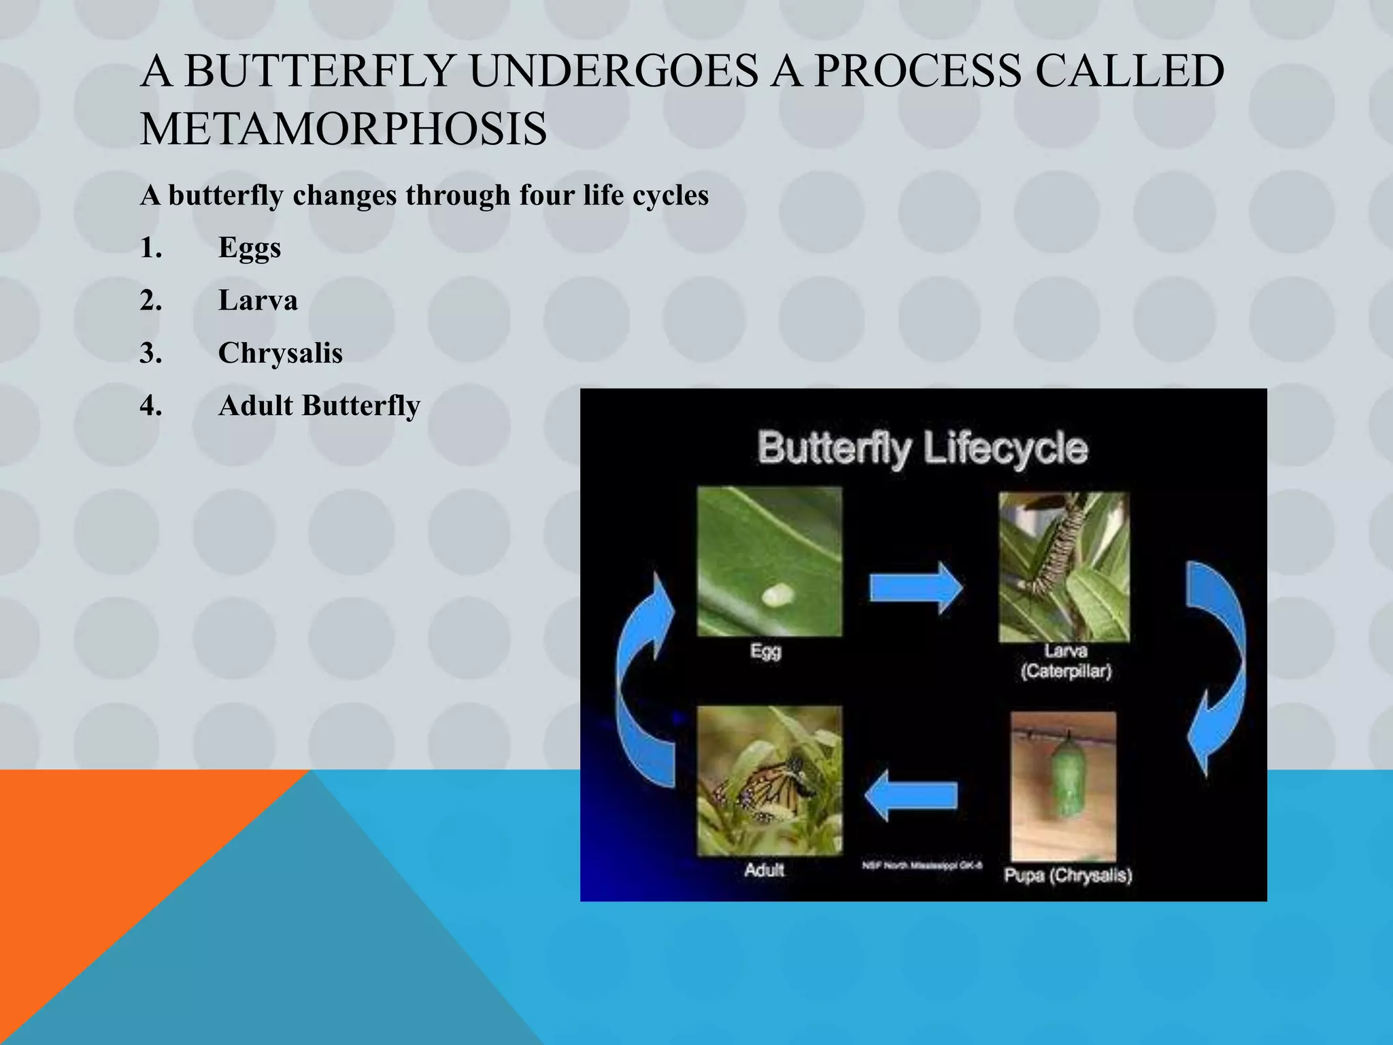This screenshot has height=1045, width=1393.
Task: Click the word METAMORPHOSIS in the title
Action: tap(343, 129)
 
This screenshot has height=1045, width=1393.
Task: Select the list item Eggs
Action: tap(249, 248)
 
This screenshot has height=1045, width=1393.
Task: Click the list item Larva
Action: tap(258, 301)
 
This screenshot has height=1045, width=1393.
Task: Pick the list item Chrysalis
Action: tap(280, 353)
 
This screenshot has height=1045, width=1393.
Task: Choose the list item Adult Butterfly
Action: tap(319, 406)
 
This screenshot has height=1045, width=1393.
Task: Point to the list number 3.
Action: tap(151, 353)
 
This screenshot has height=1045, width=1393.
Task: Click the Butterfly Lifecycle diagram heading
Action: tap(922, 449)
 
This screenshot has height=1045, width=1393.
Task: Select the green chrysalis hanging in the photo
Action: tap(1066, 780)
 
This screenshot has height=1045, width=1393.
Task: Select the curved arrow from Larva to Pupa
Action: tap(1218, 667)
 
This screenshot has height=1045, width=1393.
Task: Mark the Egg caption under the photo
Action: tap(766, 651)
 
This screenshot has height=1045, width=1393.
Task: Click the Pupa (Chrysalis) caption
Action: tap(1068, 875)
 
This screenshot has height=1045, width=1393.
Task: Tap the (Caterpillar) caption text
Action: tap(1066, 671)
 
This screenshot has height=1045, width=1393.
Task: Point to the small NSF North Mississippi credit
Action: tap(922, 865)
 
